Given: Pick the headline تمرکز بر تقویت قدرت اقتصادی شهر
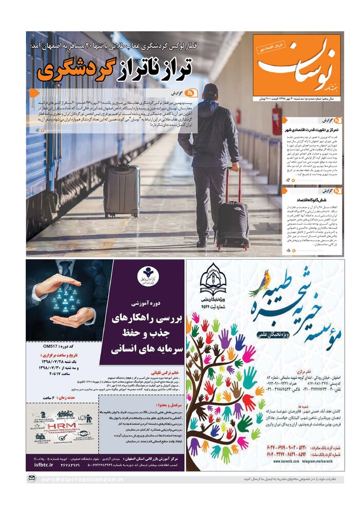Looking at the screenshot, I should (x=308, y=131).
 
